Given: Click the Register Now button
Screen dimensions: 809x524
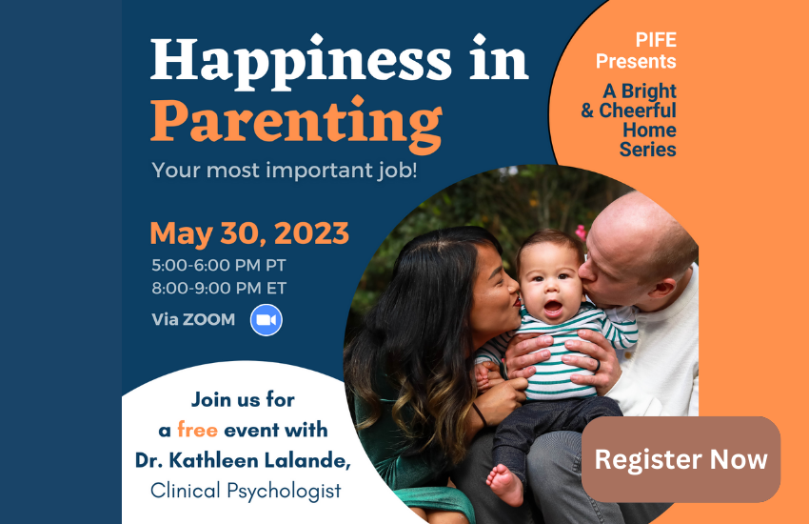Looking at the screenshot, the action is pyautogui.click(x=681, y=459).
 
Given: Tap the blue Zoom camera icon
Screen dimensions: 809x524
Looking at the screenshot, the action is pyautogui.click(x=266, y=320).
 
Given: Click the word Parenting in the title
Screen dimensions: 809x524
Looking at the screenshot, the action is pyautogui.click(x=296, y=122).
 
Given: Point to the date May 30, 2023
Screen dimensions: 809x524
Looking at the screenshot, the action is pyautogui.click(x=249, y=233).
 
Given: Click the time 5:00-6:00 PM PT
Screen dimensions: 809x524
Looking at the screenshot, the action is pyautogui.click(x=219, y=266).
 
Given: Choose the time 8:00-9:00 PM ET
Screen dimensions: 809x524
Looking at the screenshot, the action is pyautogui.click(x=219, y=288).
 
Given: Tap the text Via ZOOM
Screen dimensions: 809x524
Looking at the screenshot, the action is pyautogui.click(x=193, y=319).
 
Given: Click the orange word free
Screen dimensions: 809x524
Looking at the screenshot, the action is pyautogui.click(x=197, y=430).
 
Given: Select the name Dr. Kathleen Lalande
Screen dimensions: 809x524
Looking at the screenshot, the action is pyautogui.click(x=243, y=460).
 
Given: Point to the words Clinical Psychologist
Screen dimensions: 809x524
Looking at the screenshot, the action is pyautogui.click(x=246, y=491).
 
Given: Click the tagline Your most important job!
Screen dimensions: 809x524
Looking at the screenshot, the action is pyautogui.click(x=285, y=171).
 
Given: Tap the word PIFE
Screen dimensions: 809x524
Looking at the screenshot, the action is pyautogui.click(x=656, y=40).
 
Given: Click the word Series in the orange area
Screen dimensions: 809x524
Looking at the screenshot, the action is pyautogui.click(x=647, y=150).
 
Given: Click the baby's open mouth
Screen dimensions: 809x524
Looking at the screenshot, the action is pyautogui.click(x=553, y=308).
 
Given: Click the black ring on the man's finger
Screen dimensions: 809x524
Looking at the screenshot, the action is pyautogui.click(x=598, y=365).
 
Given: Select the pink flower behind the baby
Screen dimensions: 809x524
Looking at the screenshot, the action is pyautogui.click(x=581, y=232).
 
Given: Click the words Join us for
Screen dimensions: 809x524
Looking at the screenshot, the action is pyautogui.click(x=243, y=399).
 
